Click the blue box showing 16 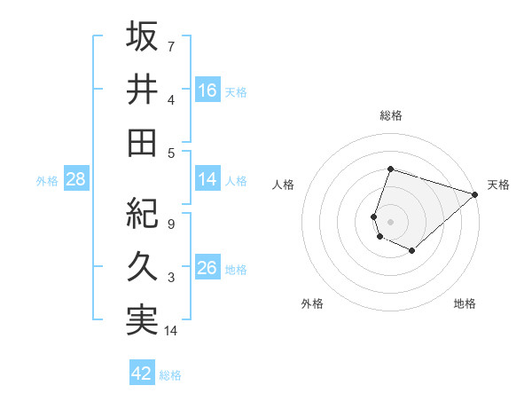[207, 90]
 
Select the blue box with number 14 [207, 180]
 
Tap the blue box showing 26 [207, 269]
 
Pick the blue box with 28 [76, 180]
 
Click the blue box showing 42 [142, 374]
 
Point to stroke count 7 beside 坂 [171, 45]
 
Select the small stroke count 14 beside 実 [172, 331]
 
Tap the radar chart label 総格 [390, 115]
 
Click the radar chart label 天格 [498, 185]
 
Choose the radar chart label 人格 [283, 185]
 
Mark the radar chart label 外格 [312, 303]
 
